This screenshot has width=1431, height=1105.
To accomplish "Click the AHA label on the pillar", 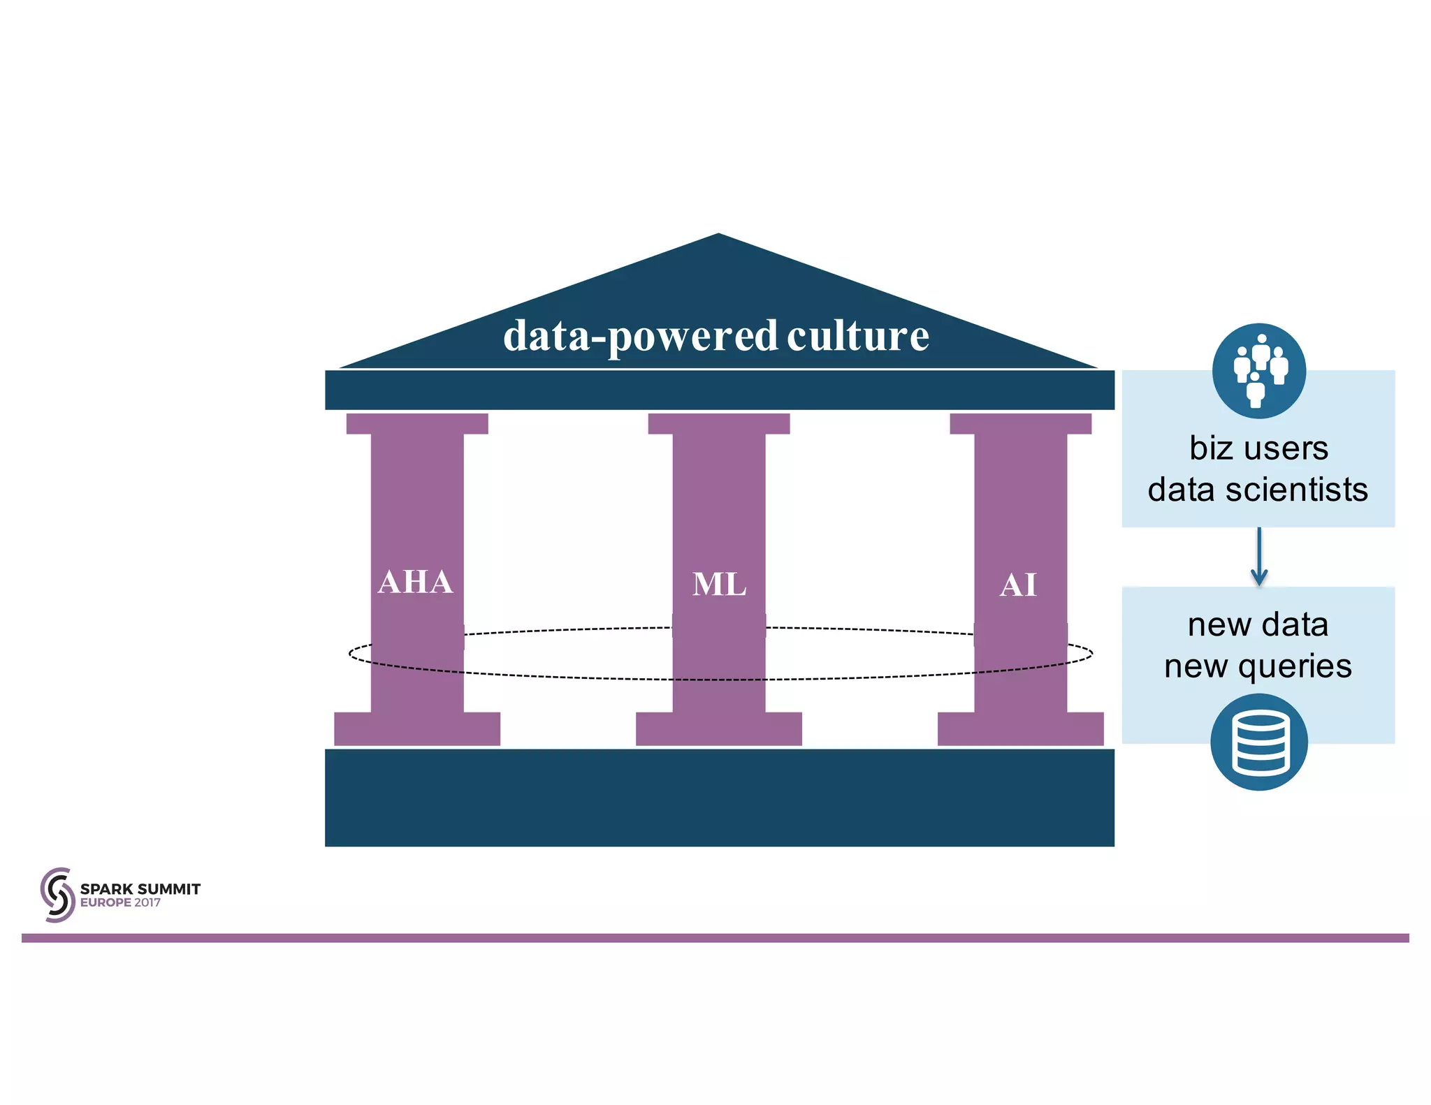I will point(415,582).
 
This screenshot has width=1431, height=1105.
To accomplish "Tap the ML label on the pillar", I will point(719,585).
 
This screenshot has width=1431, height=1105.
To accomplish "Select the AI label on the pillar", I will point(1018,585).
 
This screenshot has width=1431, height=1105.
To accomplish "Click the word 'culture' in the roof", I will point(858,336).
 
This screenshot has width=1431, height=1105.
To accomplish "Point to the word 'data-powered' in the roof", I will point(639,337).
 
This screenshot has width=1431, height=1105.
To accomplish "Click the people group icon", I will point(1259,370).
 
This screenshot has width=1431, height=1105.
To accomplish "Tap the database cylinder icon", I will point(1259,742).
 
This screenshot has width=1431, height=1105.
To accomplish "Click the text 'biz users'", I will point(1258,448).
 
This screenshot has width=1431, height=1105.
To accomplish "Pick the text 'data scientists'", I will point(1258,490).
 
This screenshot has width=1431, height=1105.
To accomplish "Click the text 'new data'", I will point(1258,624).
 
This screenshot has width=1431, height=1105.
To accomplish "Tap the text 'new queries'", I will point(1258,666).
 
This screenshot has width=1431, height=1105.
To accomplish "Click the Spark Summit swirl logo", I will point(57,895).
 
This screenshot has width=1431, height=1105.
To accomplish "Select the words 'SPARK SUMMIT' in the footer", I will point(140,889).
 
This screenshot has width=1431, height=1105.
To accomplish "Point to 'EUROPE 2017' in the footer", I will point(120,902).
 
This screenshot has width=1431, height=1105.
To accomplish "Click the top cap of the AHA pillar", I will point(417,423).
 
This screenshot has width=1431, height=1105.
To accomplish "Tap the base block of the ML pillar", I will point(719,729).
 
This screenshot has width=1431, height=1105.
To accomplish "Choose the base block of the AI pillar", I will point(1020,729).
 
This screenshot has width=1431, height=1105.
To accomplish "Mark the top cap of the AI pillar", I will point(1020,423).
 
